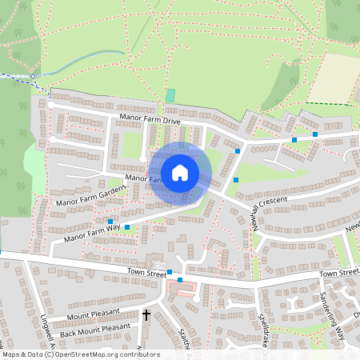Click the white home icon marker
coord(180,172)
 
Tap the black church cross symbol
coord(146,316)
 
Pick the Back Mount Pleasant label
coord(94,328)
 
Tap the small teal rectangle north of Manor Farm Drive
coord(170,95)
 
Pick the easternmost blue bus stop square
coord(315,134)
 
